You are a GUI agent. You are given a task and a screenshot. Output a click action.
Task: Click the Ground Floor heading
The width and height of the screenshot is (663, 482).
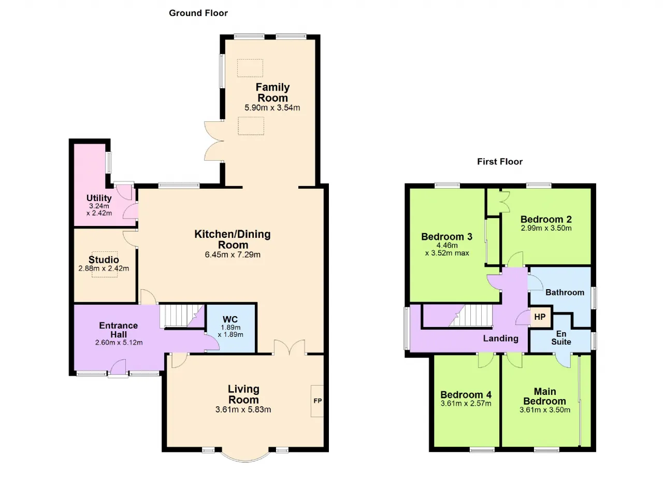[x=198, y=13]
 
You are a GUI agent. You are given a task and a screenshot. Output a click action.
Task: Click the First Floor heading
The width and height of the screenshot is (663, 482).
[x=500, y=162]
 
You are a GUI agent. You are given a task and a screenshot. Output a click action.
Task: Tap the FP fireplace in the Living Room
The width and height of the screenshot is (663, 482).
[x=318, y=401]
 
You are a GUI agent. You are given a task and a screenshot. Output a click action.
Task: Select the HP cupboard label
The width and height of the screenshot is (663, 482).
[x=540, y=317]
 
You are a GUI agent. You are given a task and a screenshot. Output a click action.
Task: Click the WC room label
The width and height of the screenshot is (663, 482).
[x=230, y=319]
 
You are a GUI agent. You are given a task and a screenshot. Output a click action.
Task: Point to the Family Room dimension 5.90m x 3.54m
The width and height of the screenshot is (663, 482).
[x=272, y=107]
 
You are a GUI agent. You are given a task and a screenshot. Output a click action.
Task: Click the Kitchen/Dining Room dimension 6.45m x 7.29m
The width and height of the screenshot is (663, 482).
[x=233, y=254]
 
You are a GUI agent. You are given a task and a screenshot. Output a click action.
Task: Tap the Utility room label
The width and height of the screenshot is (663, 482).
[x=99, y=198]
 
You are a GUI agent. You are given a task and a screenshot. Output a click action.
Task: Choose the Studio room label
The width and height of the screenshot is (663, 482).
[x=104, y=260]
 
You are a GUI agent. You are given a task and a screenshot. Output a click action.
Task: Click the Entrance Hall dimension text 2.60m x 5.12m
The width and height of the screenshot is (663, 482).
[x=119, y=343]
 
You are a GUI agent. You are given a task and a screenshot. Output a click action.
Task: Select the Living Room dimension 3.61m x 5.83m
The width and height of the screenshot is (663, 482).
[x=243, y=409]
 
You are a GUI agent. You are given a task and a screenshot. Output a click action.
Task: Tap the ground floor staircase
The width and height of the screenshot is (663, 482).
[x=181, y=316]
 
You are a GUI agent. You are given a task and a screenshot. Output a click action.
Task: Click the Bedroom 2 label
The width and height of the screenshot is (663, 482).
[x=546, y=219]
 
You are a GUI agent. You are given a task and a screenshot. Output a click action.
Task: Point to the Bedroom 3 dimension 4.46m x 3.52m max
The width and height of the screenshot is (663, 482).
[x=447, y=249]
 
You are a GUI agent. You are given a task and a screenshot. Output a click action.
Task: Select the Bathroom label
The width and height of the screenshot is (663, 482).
[x=565, y=292]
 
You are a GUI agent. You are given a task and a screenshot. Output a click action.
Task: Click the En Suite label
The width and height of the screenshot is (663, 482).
[x=561, y=338]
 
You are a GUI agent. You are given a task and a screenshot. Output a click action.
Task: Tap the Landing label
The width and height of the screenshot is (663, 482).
[x=501, y=338]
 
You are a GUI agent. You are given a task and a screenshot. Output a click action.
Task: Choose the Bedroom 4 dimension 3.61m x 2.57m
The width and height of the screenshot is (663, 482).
[x=466, y=404]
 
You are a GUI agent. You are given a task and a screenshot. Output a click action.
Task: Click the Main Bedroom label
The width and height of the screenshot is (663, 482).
[x=544, y=396]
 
